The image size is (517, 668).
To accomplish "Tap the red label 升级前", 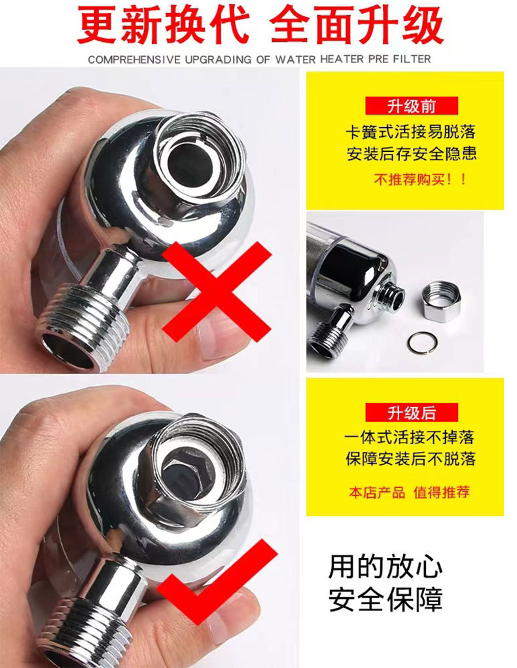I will (x=412, y=106).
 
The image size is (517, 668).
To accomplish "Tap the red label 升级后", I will (x=412, y=413).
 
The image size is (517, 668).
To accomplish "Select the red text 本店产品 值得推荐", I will (x=409, y=492).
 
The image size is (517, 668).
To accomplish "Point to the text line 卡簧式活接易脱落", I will (x=410, y=132).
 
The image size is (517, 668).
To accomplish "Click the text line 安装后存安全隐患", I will (x=411, y=154).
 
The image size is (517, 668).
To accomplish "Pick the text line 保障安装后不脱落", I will (x=410, y=458).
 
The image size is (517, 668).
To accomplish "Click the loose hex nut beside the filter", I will (x=442, y=300).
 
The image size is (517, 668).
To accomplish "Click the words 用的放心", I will (x=385, y=567).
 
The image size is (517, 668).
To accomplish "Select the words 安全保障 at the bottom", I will (x=385, y=599).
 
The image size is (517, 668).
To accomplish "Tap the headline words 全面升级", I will (x=357, y=26).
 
